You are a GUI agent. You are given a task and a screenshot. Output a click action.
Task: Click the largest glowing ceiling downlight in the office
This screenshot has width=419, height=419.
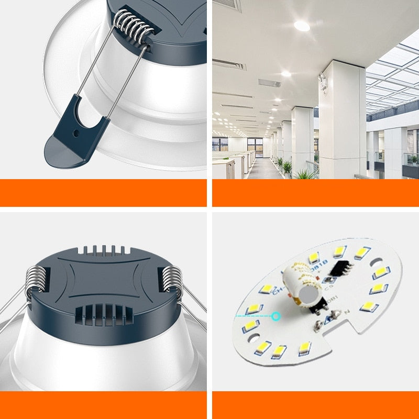[x=302, y=25]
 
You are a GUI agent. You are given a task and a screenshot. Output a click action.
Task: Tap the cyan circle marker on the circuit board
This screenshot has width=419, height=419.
[x=276, y=316]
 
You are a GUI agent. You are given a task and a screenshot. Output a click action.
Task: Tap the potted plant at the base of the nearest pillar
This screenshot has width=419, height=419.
[x=304, y=173]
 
